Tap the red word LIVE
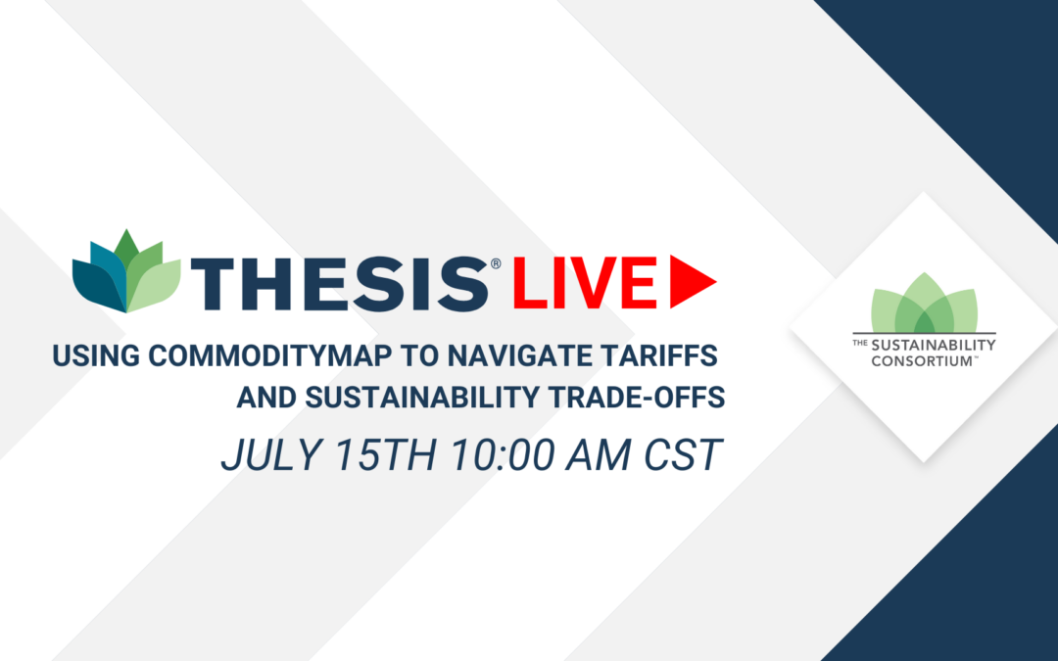[585, 283]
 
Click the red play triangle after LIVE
[693, 282]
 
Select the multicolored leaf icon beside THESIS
[126, 271]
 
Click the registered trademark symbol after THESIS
[496, 263]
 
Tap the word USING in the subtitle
[96, 355]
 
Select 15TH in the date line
[386, 455]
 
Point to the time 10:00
[502, 455]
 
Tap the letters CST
[683, 455]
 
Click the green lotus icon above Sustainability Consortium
[925, 303]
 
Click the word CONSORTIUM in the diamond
[921, 360]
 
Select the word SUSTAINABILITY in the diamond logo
[934, 346]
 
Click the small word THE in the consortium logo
[860, 343]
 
